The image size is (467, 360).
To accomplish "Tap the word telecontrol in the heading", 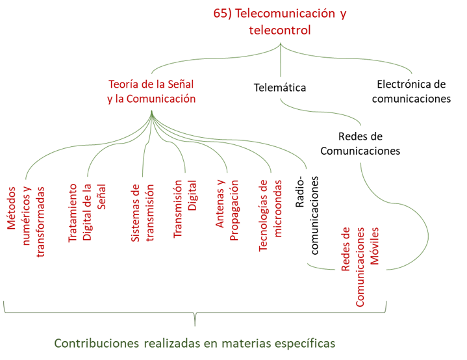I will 280,30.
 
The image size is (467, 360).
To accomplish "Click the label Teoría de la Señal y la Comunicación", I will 151,92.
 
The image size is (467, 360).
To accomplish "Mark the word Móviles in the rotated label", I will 375,248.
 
